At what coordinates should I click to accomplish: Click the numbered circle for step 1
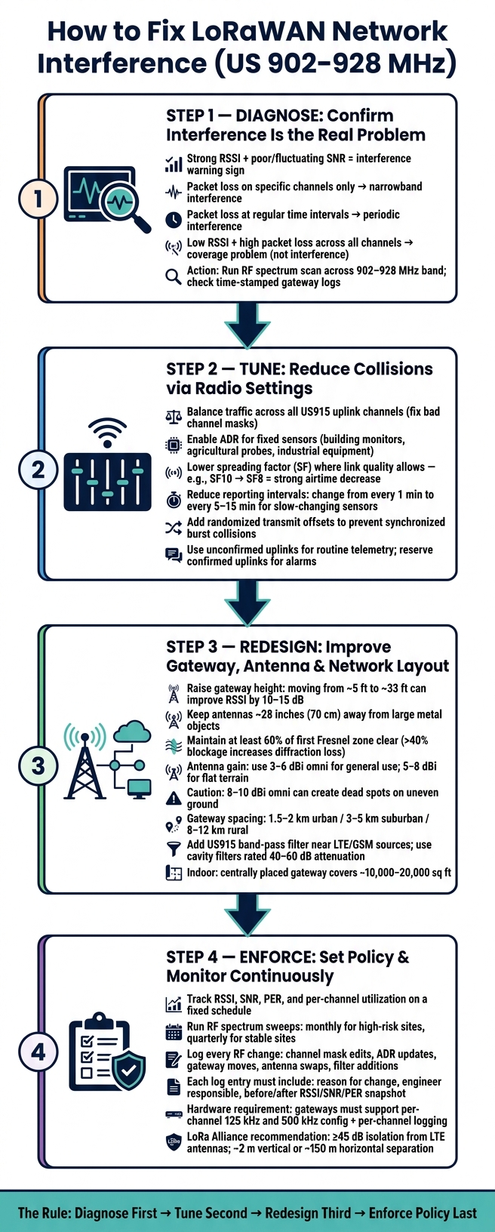pyautogui.click(x=38, y=199)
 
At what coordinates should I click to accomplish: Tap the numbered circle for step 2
pyautogui.click(x=38, y=470)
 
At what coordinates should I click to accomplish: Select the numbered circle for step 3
pyautogui.click(x=38, y=765)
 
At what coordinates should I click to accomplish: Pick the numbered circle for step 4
pyautogui.click(x=38, y=1052)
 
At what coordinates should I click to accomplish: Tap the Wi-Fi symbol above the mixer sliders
pyautogui.click(x=107, y=433)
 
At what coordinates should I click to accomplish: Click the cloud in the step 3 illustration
pyautogui.click(x=133, y=732)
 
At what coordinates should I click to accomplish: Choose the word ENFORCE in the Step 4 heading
pyautogui.click(x=275, y=957)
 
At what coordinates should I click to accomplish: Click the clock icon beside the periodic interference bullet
pyautogui.click(x=174, y=220)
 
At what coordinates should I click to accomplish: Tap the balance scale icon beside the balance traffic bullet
pyautogui.click(x=174, y=417)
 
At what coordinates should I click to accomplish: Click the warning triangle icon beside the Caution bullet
pyautogui.click(x=174, y=797)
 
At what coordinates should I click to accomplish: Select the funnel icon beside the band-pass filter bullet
pyautogui.click(x=174, y=849)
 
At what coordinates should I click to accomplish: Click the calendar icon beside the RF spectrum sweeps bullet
pyautogui.click(x=174, y=1032)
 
